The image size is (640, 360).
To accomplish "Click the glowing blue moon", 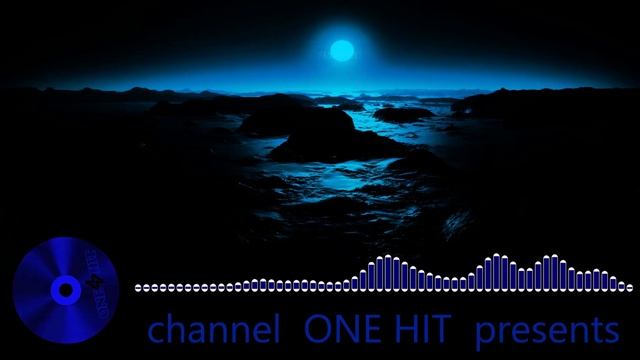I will [342, 49].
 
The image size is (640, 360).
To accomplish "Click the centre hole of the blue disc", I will [65, 290].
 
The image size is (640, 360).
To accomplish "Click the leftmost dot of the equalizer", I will [138, 288].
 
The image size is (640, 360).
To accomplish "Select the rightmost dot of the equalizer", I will [629, 288].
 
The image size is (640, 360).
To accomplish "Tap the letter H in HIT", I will [406, 330].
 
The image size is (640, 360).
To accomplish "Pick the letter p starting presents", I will [485, 333].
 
